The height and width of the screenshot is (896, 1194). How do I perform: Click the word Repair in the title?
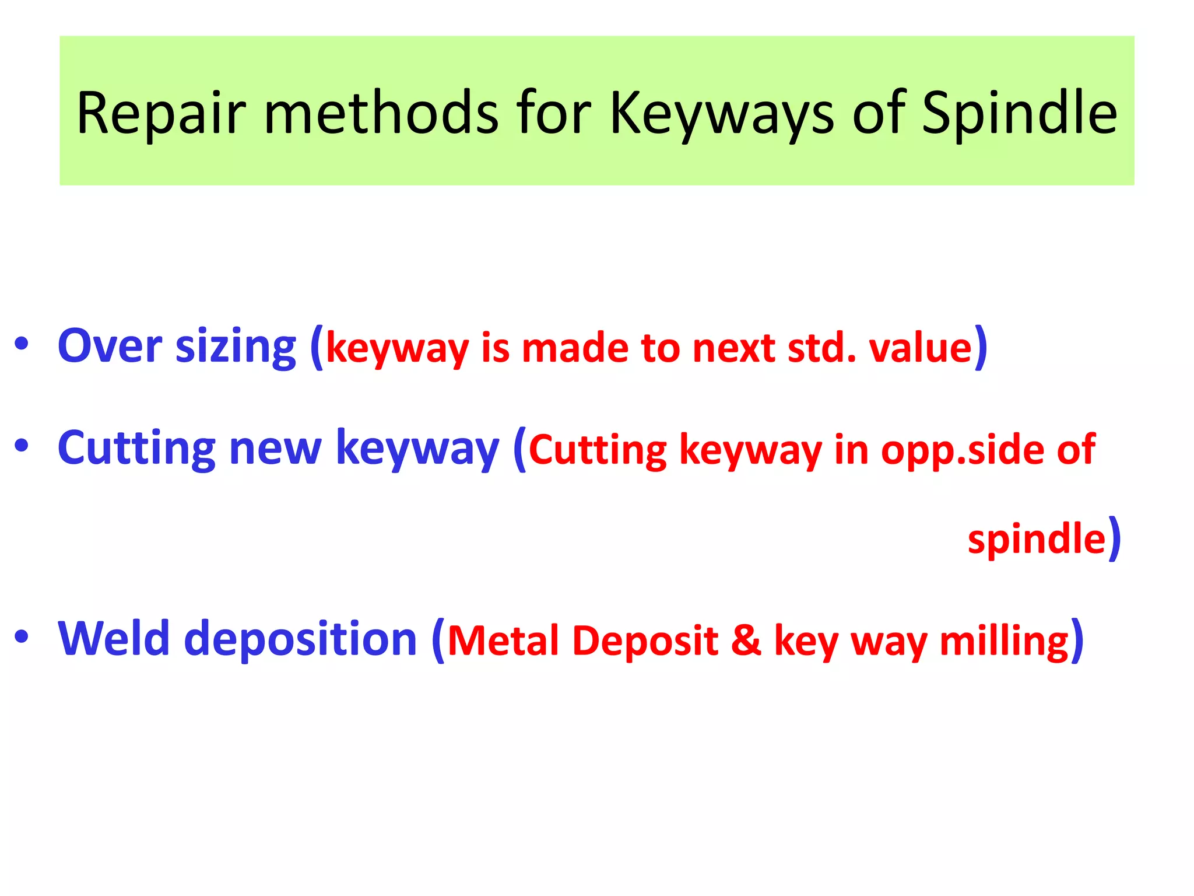coord(161,114)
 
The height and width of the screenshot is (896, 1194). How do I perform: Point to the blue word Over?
coord(110,346)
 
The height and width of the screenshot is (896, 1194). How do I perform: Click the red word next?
coord(734,348)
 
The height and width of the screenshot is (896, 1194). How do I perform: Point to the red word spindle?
coord(1037,538)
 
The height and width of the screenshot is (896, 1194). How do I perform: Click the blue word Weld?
coord(114,639)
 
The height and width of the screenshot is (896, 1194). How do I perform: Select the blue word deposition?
coord(300,640)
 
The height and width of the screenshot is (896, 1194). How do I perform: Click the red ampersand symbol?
coord(746,640)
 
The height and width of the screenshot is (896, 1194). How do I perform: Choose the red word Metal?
coord(503,640)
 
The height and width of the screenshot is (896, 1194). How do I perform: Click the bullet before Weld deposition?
coord(22,636)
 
